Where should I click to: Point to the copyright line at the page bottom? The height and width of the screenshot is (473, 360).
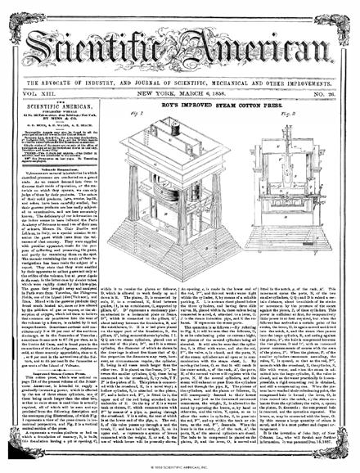(179, 467)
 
